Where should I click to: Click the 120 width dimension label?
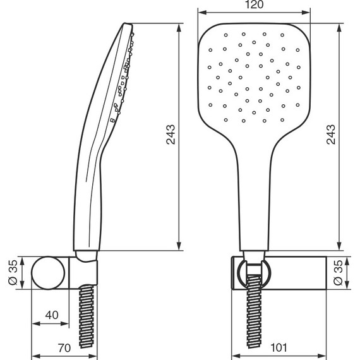[254, 4]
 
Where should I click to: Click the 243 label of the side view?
[171, 135]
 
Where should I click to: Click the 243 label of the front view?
[331, 135]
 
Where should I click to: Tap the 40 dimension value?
[52, 315]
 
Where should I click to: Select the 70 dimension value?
[64, 348]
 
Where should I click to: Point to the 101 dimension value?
[279, 347]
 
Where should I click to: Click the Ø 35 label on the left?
[13, 272]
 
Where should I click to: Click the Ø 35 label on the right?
[338, 272]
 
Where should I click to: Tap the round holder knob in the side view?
[48, 273]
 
